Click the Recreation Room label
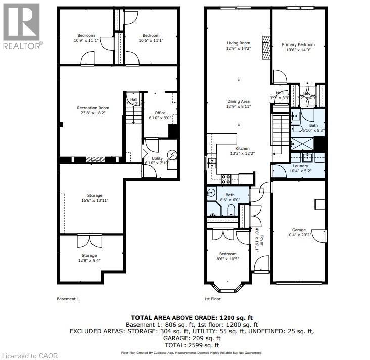pyautogui.click(x=93, y=108)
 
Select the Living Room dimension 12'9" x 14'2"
pyautogui.click(x=239, y=49)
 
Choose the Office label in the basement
pyautogui.click(x=160, y=113)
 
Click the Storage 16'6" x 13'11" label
pyautogui.click(x=95, y=195)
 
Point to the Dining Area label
pyautogui.click(x=239, y=101)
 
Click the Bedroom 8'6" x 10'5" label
pyautogui.click(x=227, y=254)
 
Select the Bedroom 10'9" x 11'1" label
pyautogui.click(x=86, y=35)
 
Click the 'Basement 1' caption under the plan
pyautogui.click(x=68, y=299)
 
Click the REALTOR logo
pyautogui.click(x=21, y=25)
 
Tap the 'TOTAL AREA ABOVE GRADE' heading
pyautogui.click(x=185, y=317)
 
